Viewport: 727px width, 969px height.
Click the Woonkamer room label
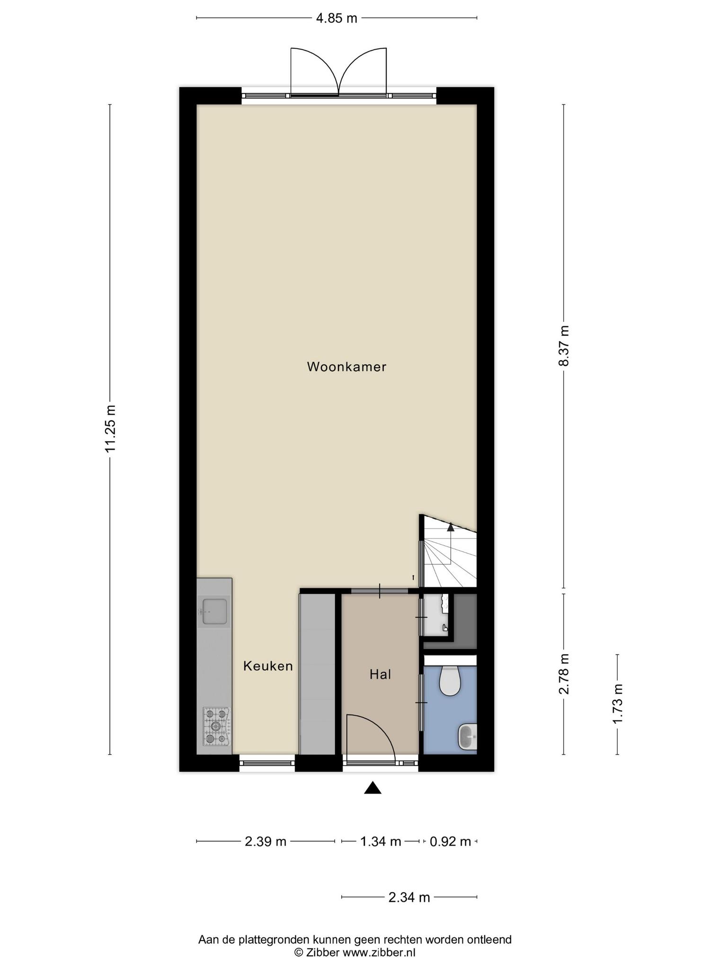[x=346, y=367]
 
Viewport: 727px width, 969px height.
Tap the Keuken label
[x=268, y=666]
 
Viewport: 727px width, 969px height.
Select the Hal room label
[x=381, y=675]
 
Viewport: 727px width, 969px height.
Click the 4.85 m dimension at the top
[x=337, y=18]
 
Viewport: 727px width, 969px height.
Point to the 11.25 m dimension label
[x=110, y=429]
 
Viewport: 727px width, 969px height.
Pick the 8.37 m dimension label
[x=564, y=346]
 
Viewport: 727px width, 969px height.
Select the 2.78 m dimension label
[x=564, y=674]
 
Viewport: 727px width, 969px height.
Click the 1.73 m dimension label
[x=618, y=704]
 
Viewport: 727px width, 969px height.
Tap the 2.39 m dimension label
[x=266, y=842]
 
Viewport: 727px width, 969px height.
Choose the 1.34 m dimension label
[x=381, y=842]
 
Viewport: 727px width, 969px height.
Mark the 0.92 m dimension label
[x=450, y=842]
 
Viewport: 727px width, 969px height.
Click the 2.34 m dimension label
[x=409, y=897]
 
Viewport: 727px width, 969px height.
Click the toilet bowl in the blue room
[x=450, y=681]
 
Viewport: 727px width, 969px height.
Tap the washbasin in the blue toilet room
[x=468, y=737]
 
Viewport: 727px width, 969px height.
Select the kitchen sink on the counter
[x=214, y=611]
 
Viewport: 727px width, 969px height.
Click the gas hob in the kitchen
[x=216, y=726]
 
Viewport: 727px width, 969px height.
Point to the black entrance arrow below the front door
[x=373, y=788]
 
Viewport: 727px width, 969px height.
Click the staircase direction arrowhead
[x=450, y=526]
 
